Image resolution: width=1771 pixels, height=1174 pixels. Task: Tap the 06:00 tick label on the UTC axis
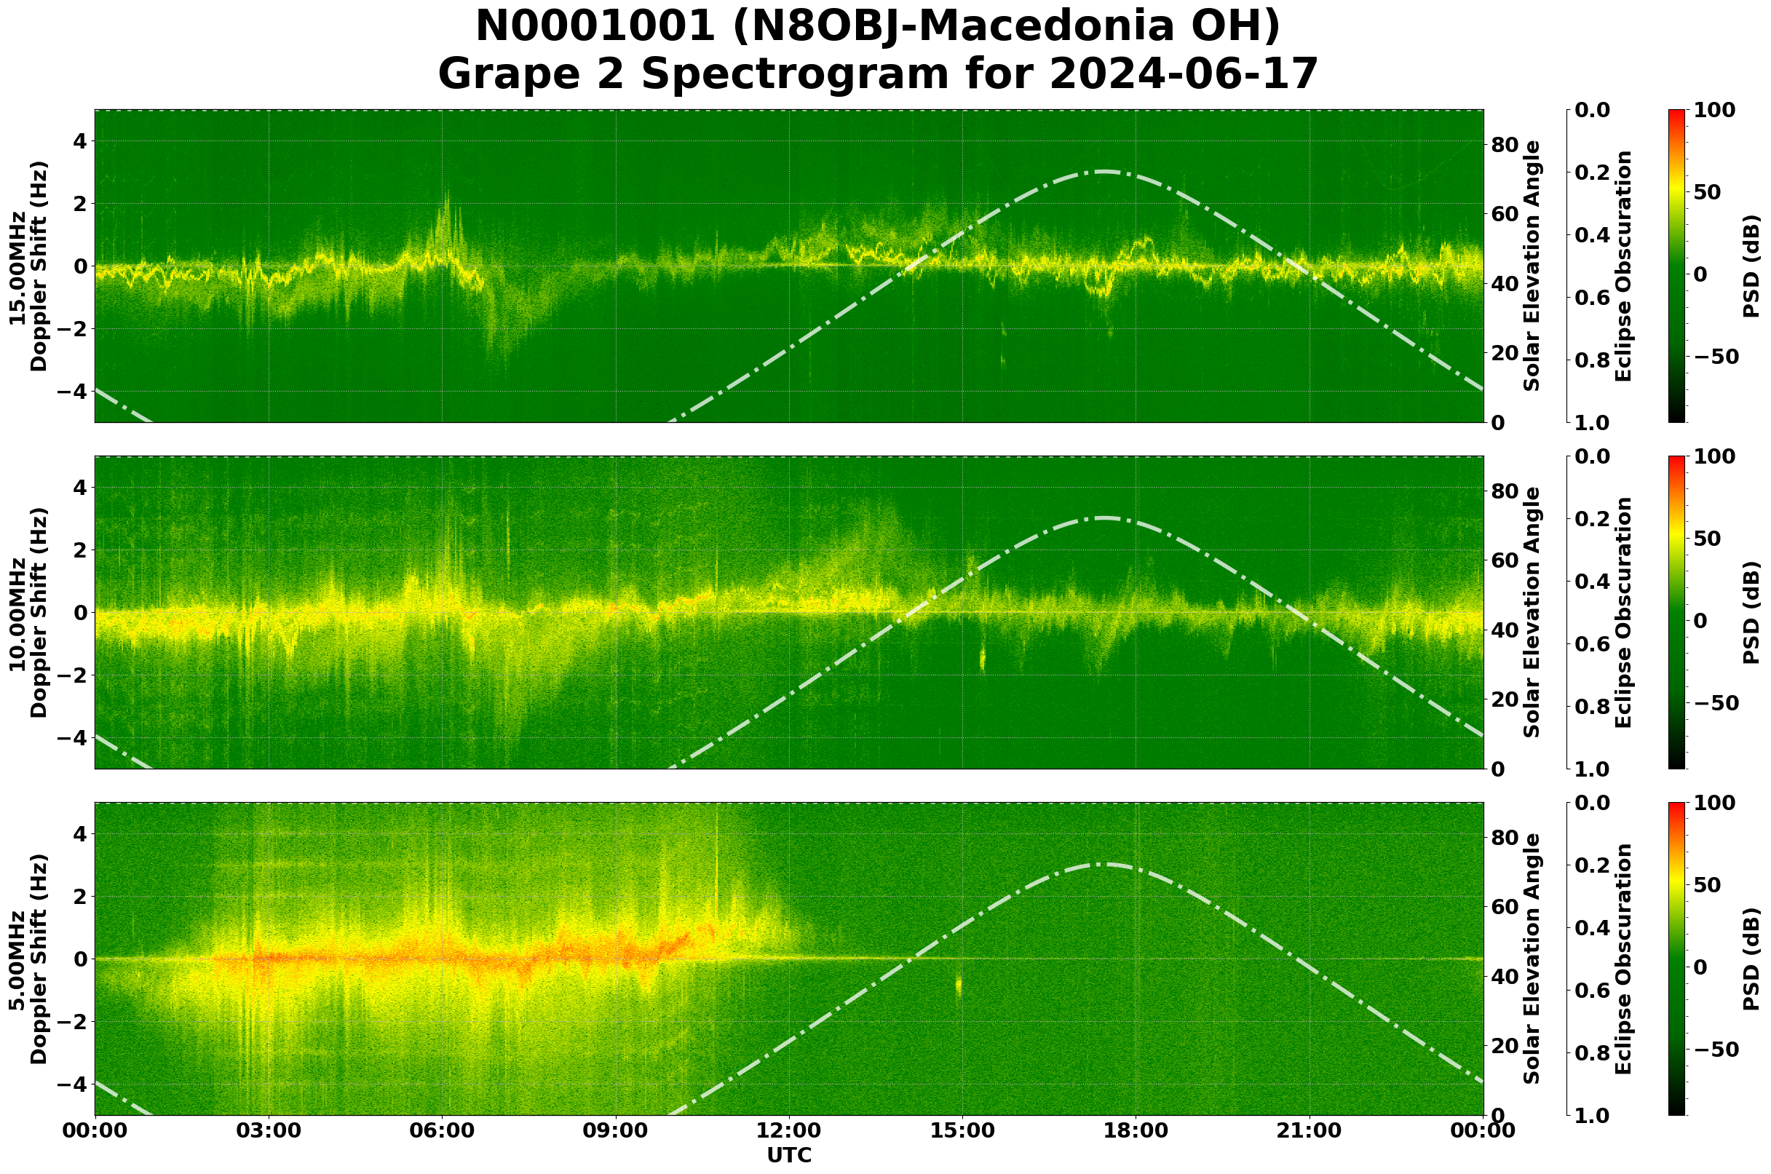(x=442, y=1130)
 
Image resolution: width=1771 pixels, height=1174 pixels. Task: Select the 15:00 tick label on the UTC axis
(x=962, y=1130)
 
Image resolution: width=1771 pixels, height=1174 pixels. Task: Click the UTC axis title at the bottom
(x=788, y=1155)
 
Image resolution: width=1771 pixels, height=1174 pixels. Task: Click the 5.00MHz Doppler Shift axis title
(x=28, y=959)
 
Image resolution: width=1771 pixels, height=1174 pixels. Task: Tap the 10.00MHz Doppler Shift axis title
(x=28, y=612)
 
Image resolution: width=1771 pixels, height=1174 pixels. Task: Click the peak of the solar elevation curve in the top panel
(x=1104, y=172)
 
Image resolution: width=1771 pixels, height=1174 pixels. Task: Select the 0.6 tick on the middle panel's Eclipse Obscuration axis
(x=1593, y=644)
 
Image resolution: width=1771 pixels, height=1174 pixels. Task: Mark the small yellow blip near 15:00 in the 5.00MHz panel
(x=959, y=986)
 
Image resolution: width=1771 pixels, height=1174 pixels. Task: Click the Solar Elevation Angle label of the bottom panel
(x=1532, y=959)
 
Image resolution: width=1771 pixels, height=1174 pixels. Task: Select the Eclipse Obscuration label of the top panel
(x=1623, y=266)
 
